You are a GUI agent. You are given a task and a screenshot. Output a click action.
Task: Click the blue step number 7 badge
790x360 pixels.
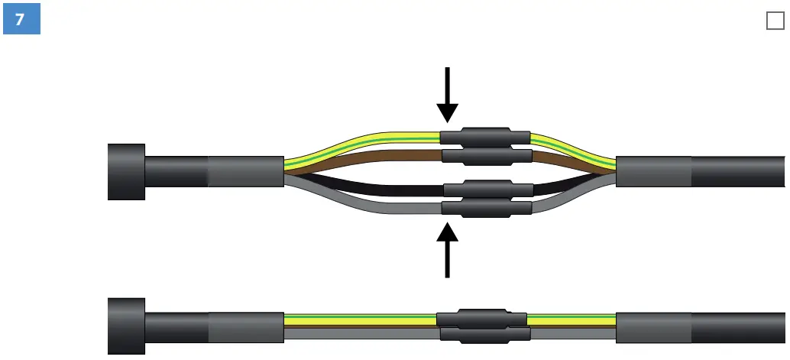click(21, 20)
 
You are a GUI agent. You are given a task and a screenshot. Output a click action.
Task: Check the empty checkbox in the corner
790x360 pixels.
click(775, 21)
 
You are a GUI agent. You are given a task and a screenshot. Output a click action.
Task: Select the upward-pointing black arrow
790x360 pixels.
click(448, 249)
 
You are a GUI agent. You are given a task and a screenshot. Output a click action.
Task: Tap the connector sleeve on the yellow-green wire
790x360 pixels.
click(484, 138)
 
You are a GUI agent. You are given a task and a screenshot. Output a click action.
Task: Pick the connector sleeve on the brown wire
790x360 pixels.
click(487, 157)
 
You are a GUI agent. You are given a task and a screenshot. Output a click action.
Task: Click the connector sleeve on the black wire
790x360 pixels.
click(487, 189)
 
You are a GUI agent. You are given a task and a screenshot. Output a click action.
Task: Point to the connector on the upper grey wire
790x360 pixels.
click(487, 207)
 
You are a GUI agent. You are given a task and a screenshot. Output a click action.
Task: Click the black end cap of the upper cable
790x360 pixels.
click(126, 172)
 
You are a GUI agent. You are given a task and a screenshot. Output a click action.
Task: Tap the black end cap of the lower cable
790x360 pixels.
click(126, 326)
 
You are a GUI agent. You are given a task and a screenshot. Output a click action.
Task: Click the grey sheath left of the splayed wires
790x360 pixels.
click(245, 171)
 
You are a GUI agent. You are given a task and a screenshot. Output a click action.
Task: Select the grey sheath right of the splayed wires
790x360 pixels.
click(653, 171)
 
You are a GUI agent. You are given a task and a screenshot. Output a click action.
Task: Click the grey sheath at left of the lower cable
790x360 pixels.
click(245, 326)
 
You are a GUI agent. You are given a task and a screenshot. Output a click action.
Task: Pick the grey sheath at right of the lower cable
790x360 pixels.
click(653, 326)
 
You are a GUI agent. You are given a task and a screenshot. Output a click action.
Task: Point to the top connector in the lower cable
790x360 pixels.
click(481, 319)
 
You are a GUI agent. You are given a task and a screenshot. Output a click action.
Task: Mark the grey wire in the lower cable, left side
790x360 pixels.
click(359, 334)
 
